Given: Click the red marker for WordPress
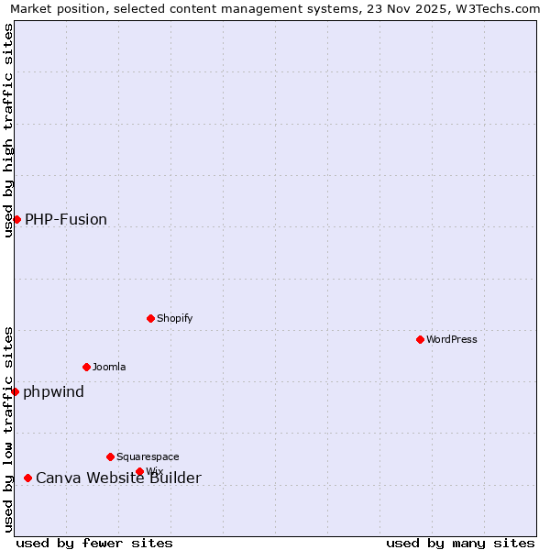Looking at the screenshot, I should (420, 339).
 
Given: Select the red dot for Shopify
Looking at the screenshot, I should (150, 318).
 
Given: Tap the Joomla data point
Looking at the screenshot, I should (86, 367).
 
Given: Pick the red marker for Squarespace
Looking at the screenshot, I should (110, 456).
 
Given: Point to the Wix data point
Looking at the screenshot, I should (139, 471).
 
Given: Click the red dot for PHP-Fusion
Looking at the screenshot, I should (16, 219).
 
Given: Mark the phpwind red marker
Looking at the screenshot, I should (15, 391).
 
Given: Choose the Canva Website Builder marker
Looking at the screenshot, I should (27, 478).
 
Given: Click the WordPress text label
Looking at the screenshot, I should (451, 339).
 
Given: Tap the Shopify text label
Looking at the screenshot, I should (174, 318).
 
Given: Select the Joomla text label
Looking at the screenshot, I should (109, 367).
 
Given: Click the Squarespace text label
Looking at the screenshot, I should (148, 456).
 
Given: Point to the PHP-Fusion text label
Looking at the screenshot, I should (66, 219).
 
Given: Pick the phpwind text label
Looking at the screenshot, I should (53, 391).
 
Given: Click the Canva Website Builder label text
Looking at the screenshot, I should (118, 478).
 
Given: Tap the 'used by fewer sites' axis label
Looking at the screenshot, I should (94, 543).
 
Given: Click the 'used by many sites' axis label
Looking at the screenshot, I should (460, 543).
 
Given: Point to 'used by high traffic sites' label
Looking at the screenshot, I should (8, 130).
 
